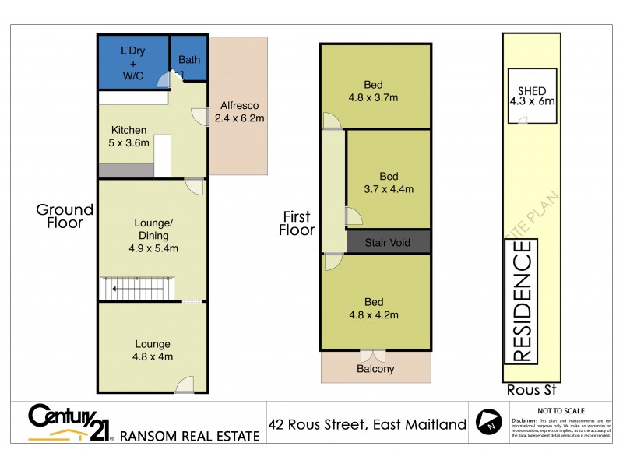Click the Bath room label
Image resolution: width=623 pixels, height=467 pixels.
pos(188,59)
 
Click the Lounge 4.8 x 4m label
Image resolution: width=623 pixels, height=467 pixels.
pos(152,350)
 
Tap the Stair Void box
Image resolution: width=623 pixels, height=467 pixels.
pos(389,242)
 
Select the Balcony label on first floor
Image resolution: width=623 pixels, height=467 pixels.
pos(375,369)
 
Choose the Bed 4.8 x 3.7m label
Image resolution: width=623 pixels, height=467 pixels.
pos(373,91)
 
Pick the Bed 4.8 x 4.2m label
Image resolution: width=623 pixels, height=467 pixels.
pos(373,308)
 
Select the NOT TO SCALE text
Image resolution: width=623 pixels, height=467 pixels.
pos(561,410)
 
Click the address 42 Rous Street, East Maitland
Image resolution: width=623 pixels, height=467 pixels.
pos(367,424)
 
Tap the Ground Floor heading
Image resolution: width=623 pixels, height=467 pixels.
pos(65,216)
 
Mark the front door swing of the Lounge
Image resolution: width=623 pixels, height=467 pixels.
pos(185,384)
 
